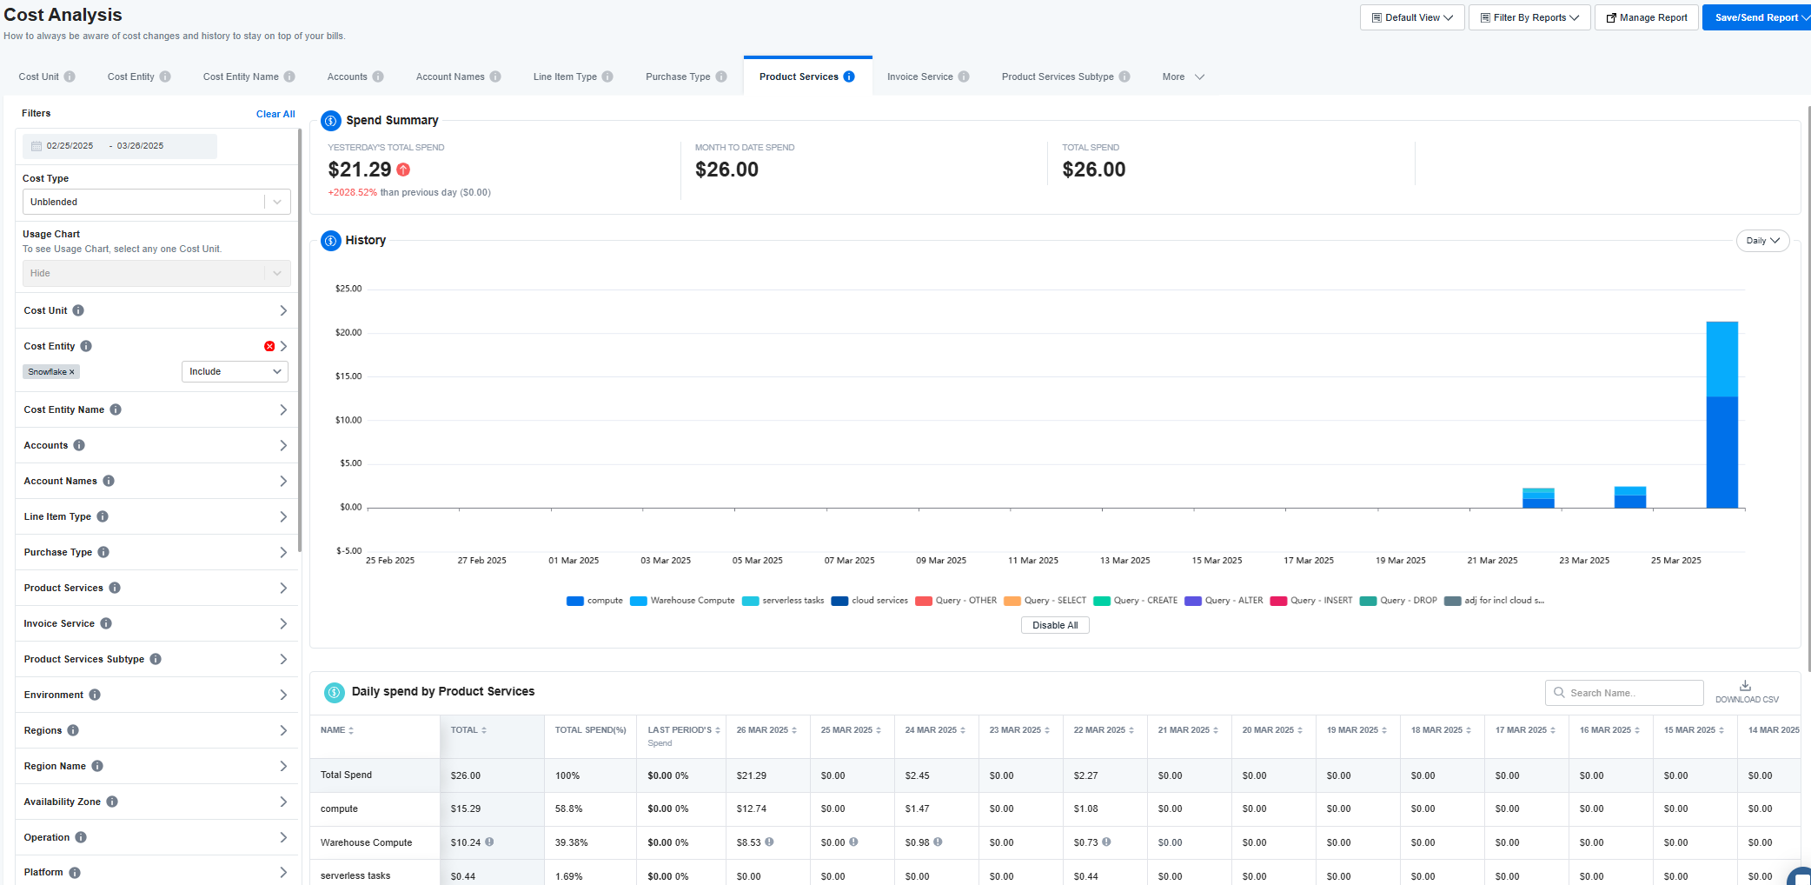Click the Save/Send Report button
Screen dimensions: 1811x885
click(1756, 17)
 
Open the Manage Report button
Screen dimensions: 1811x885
click(1646, 17)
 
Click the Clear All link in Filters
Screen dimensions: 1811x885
click(275, 114)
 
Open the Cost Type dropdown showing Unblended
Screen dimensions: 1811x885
click(156, 202)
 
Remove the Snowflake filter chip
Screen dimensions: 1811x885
click(72, 372)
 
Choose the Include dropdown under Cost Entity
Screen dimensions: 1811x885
click(235, 371)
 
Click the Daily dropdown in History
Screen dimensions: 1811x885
click(1762, 241)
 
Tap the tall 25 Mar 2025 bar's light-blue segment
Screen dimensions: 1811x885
click(1721, 359)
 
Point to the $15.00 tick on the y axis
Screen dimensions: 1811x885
click(348, 376)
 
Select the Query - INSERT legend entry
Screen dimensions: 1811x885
click(1311, 601)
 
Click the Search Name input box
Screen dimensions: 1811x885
click(1624, 693)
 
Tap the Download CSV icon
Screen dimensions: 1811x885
click(1745, 685)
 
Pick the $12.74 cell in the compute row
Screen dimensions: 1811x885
click(751, 808)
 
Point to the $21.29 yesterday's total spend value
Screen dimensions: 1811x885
click(360, 170)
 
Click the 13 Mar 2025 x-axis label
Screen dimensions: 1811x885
click(1124, 561)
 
